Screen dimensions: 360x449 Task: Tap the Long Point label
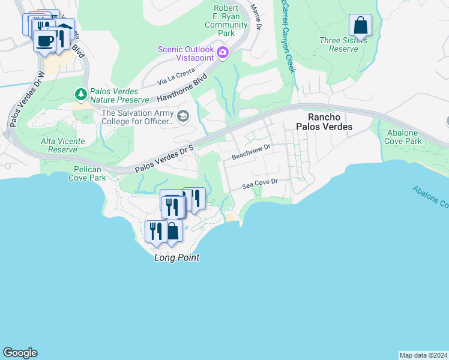click(176, 258)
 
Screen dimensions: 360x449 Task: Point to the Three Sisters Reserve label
click(339, 44)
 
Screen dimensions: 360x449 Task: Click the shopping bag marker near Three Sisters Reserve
click(360, 26)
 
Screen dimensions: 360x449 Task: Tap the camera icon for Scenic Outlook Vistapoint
click(223, 53)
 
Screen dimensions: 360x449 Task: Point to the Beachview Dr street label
click(252, 156)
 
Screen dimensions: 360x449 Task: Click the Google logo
click(20, 353)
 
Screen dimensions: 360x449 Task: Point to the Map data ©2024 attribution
click(423, 355)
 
